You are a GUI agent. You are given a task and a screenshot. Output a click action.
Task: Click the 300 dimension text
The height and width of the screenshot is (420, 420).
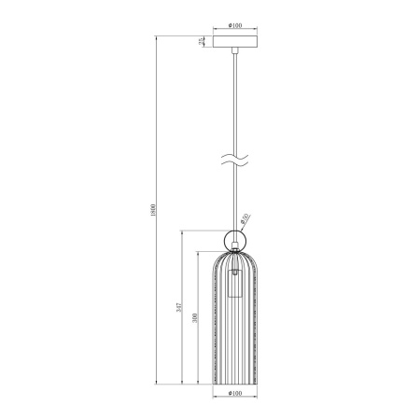pyautogui.click(x=193, y=318)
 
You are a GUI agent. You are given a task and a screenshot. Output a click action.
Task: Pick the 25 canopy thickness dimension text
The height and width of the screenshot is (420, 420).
pyautogui.click(x=199, y=40)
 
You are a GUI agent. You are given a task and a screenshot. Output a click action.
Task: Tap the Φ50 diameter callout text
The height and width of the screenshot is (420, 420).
pyautogui.click(x=244, y=218)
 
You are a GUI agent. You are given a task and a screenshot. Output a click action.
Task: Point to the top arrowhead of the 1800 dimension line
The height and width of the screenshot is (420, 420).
pyautogui.click(x=157, y=37)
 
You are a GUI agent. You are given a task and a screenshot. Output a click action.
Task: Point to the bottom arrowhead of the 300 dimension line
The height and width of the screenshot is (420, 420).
pyautogui.click(x=198, y=382)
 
